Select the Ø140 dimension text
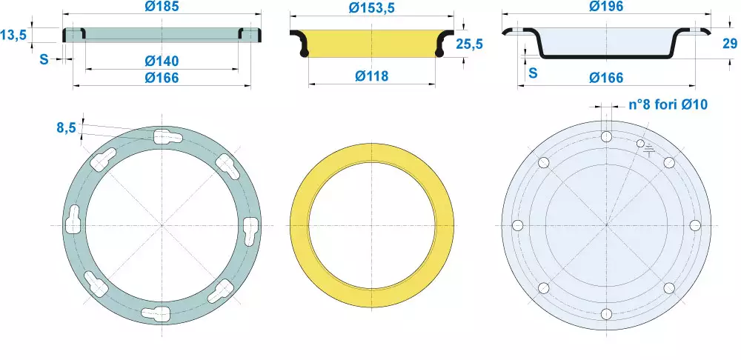162,61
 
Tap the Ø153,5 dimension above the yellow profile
371,7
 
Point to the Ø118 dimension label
371,76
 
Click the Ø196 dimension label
606,6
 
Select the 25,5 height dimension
470,44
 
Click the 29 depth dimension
730,44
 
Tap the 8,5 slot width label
67,127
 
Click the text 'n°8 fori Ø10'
668,104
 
